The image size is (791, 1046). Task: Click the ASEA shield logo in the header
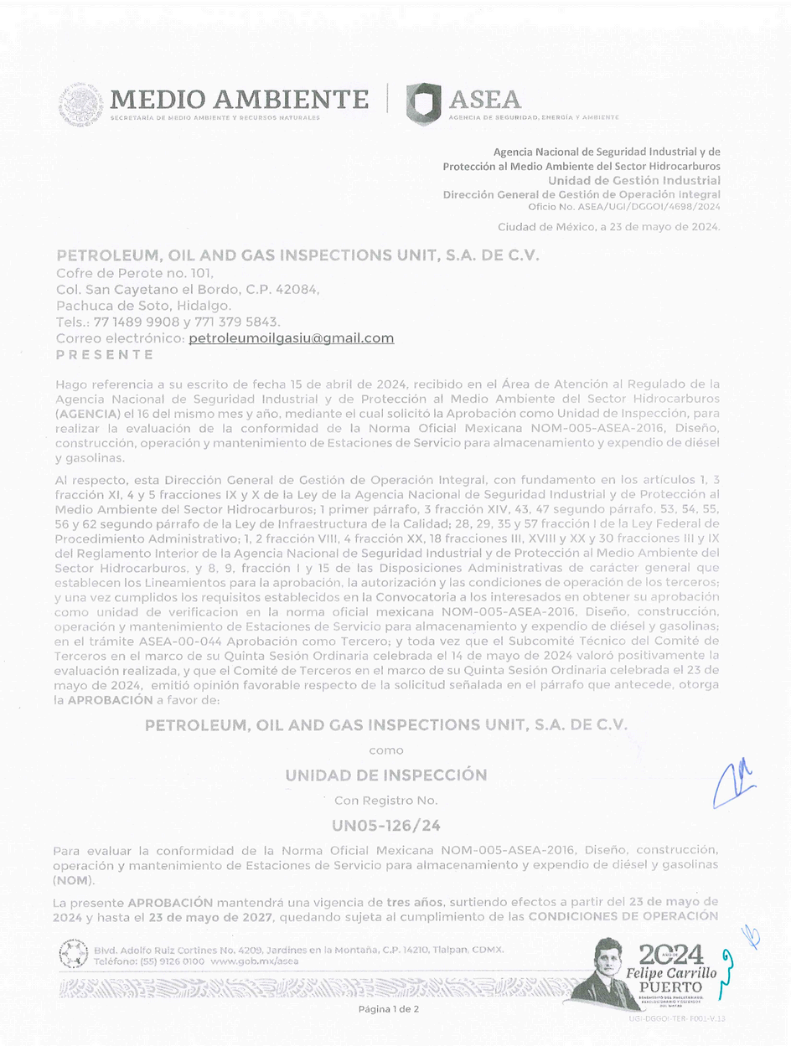[x=423, y=103]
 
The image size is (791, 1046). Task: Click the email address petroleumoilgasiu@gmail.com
[x=291, y=338]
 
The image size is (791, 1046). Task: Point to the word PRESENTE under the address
[x=105, y=354]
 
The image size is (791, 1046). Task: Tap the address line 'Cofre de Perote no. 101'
[x=135, y=272]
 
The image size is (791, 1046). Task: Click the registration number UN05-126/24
[x=386, y=826]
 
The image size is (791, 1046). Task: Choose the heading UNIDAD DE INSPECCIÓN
[x=386, y=775]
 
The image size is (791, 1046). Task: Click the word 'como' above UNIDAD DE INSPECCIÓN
[x=386, y=750]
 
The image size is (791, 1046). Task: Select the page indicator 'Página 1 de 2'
[x=389, y=1009]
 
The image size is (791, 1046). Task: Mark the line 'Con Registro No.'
[x=386, y=801]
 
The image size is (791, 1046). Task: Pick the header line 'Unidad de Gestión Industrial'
[x=633, y=181]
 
